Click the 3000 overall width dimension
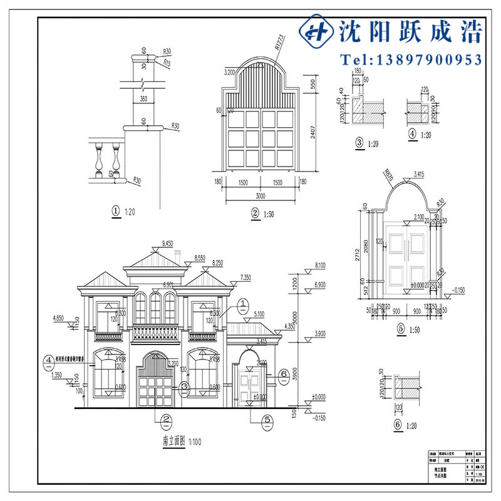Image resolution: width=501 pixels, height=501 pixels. click(x=259, y=196)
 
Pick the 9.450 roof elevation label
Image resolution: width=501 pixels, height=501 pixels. click(x=167, y=242)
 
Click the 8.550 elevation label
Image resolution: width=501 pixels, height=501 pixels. click(x=200, y=257)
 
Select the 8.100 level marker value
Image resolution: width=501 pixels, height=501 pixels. click(x=320, y=265)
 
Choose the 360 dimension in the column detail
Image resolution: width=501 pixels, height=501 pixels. click(x=143, y=99)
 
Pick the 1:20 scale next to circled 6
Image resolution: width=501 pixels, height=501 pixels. click(x=410, y=426)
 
